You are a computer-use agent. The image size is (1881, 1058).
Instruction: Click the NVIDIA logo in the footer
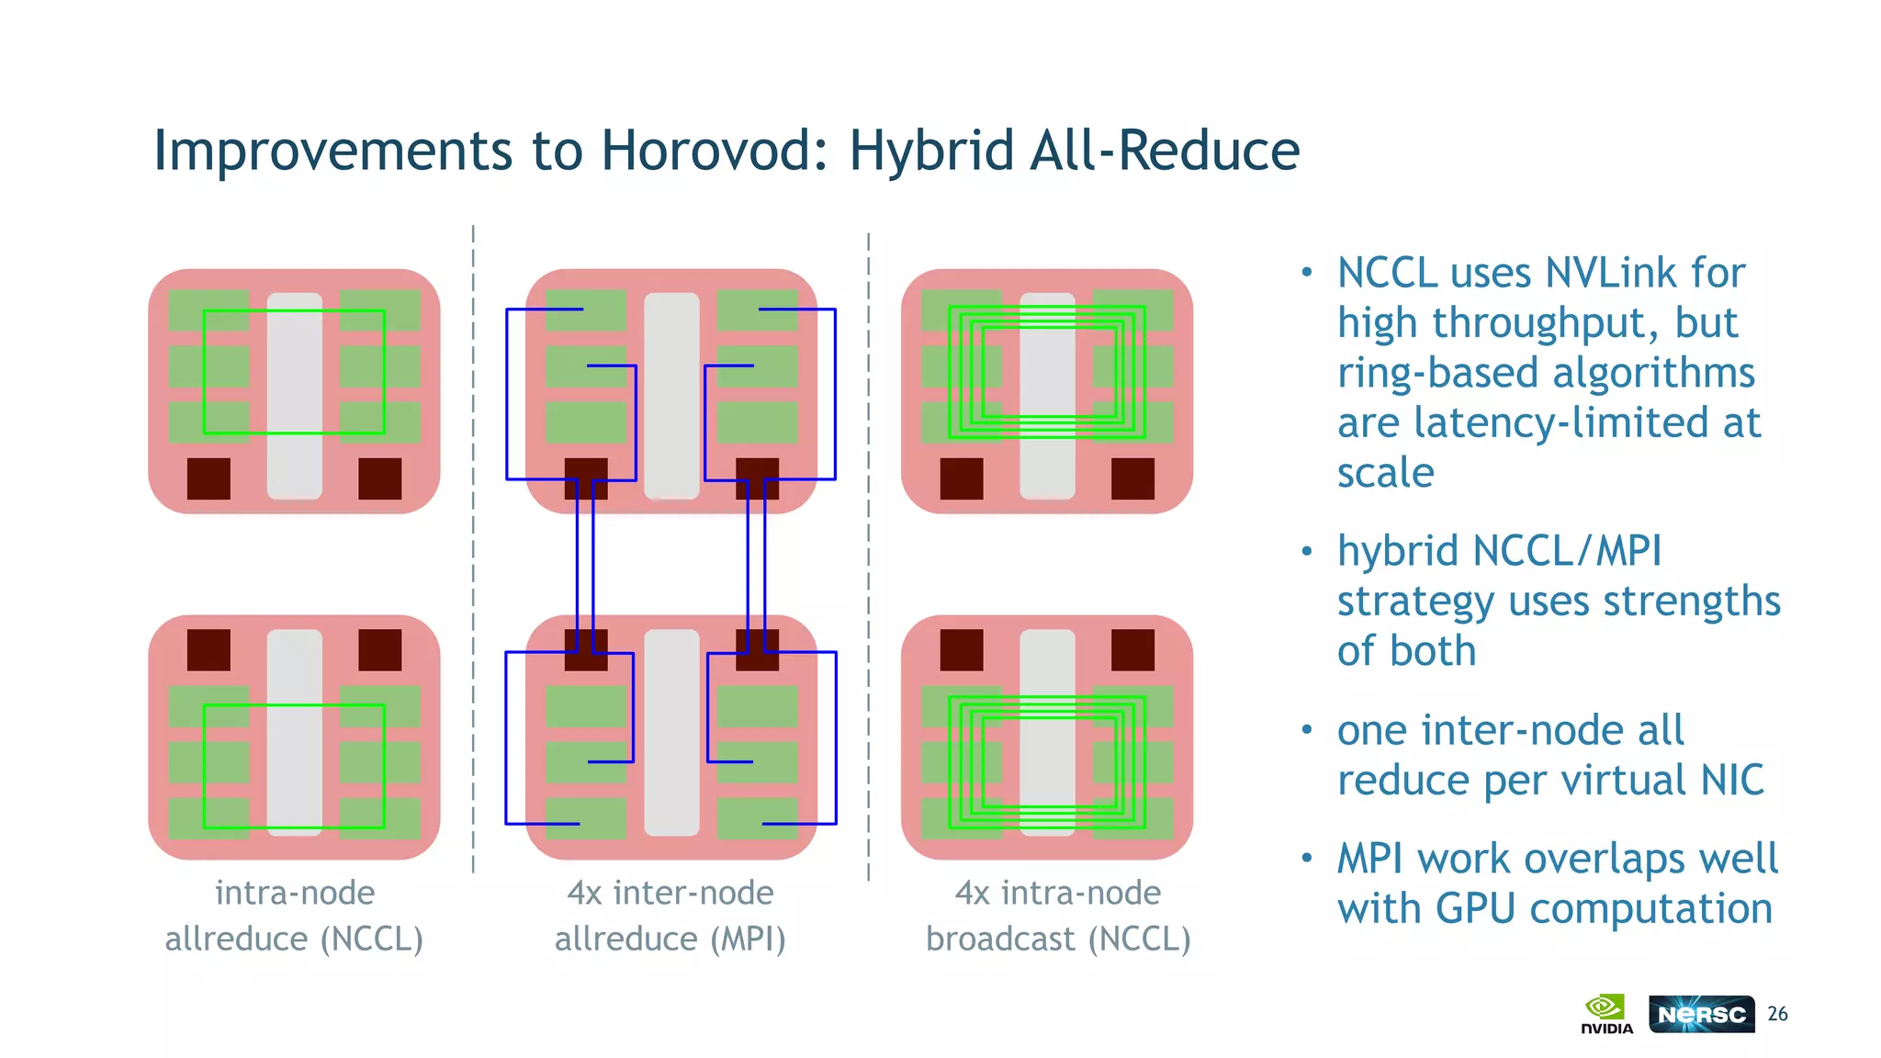tap(1606, 1014)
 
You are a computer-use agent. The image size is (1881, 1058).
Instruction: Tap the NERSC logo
tap(1701, 1014)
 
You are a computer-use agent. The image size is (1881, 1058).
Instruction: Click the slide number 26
tap(1777, 1014)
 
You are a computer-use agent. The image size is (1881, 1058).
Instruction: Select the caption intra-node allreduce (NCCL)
tap(294, 916)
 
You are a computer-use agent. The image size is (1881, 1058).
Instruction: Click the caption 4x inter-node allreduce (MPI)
tap(670, 916)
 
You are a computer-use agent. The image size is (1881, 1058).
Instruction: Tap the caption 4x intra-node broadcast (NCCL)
tap(1058, 916)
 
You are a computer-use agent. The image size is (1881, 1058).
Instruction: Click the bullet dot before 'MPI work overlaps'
tap(1307, 859)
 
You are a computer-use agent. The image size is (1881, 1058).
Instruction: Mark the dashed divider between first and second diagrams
tap(473, 551)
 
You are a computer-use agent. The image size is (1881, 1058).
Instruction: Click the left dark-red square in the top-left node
tap(208, 478)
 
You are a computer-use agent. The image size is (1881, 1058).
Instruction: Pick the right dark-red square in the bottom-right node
tap(1132, 650)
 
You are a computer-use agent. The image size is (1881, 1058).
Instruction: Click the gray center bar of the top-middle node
tap(671, 395)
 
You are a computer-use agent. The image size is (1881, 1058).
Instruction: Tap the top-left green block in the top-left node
tap(208, 310)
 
